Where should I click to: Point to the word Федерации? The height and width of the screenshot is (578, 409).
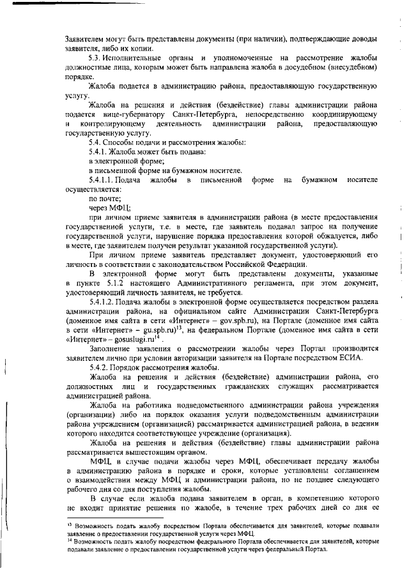click(x=278, y=264)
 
